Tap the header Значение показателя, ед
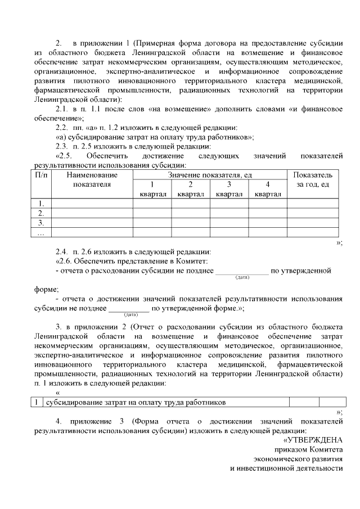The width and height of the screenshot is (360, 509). (210, 175)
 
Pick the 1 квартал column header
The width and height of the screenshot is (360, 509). (152, 189)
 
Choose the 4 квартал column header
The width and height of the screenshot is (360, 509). (268, 189)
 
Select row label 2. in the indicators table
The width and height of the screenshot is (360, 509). (40, 213)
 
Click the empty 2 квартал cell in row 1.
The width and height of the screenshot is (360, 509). (191, 203)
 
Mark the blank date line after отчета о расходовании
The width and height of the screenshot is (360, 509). (242, 271)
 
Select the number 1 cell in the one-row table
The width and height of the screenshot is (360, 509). (37, 402)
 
